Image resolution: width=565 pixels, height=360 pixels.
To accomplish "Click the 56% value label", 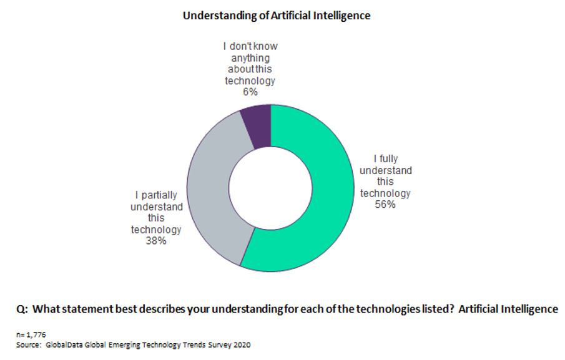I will (385, 204).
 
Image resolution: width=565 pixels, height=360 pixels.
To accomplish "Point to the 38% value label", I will (156, 241).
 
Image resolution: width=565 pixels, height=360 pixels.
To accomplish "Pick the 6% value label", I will (250, 92).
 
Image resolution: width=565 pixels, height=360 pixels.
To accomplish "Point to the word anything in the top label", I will (250, 58).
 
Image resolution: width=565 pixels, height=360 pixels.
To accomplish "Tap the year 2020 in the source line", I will (241, 344).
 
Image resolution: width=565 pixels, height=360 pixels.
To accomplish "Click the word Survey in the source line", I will (219, 344).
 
